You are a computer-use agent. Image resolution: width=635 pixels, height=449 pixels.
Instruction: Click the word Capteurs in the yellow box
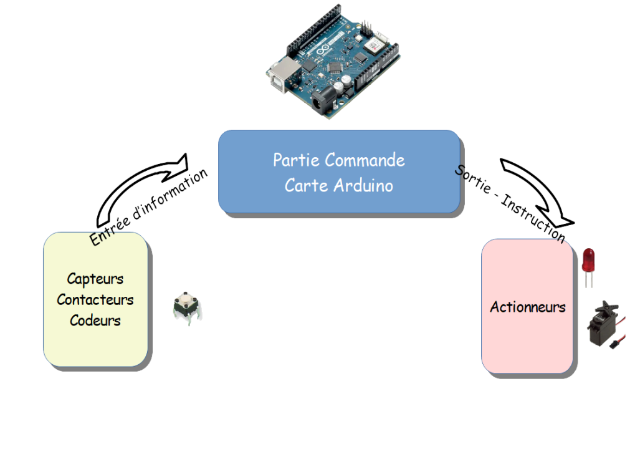(x=95, y=279)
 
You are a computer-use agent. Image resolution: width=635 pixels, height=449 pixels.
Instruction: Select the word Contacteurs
(x=95, y=300)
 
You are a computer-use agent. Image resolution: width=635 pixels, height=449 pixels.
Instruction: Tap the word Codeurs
(x=95, y=321)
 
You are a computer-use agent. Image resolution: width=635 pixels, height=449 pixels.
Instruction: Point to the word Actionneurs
(x=528, y=307)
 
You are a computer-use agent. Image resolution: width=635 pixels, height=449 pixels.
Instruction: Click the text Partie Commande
(x=339, y=160)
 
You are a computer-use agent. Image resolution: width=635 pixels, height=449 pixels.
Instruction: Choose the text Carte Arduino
(x=339, y=186)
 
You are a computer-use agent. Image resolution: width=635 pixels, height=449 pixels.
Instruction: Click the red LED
(x=588, y=259)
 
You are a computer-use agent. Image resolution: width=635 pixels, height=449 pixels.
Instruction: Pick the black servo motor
(x=603, y=322)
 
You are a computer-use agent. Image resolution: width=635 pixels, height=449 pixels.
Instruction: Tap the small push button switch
(x=186, y=307)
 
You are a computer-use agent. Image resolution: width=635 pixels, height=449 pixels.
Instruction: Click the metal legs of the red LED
(x=588, y=280)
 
